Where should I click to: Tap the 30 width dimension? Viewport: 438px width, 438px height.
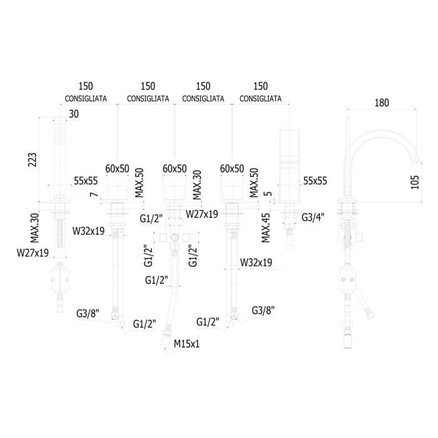74,113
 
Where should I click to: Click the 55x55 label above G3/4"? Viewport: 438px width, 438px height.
315,180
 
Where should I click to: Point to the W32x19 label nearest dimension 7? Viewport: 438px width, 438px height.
88,231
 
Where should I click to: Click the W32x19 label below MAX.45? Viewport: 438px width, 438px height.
255,263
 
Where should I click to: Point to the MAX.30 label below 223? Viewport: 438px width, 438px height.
35,227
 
